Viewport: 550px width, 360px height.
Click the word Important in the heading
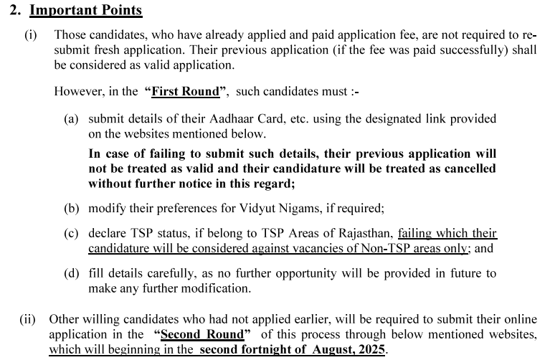click(61, 11)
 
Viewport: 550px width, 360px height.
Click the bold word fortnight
click(276, 349)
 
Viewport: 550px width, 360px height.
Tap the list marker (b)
click(71, 208)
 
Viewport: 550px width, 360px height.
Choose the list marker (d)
click(71, 274)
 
